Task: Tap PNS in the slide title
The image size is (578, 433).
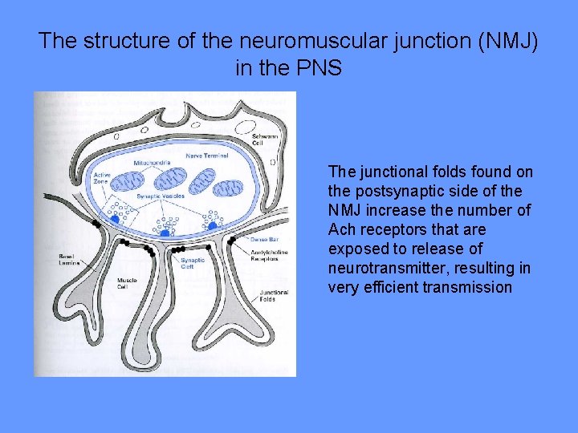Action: point(320,68)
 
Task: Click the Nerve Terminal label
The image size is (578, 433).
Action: point(206,155)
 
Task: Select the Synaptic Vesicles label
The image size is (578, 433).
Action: point(161,196)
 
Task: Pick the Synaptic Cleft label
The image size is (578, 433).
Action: point(191,264)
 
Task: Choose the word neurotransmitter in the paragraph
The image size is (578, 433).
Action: point(378,268)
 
